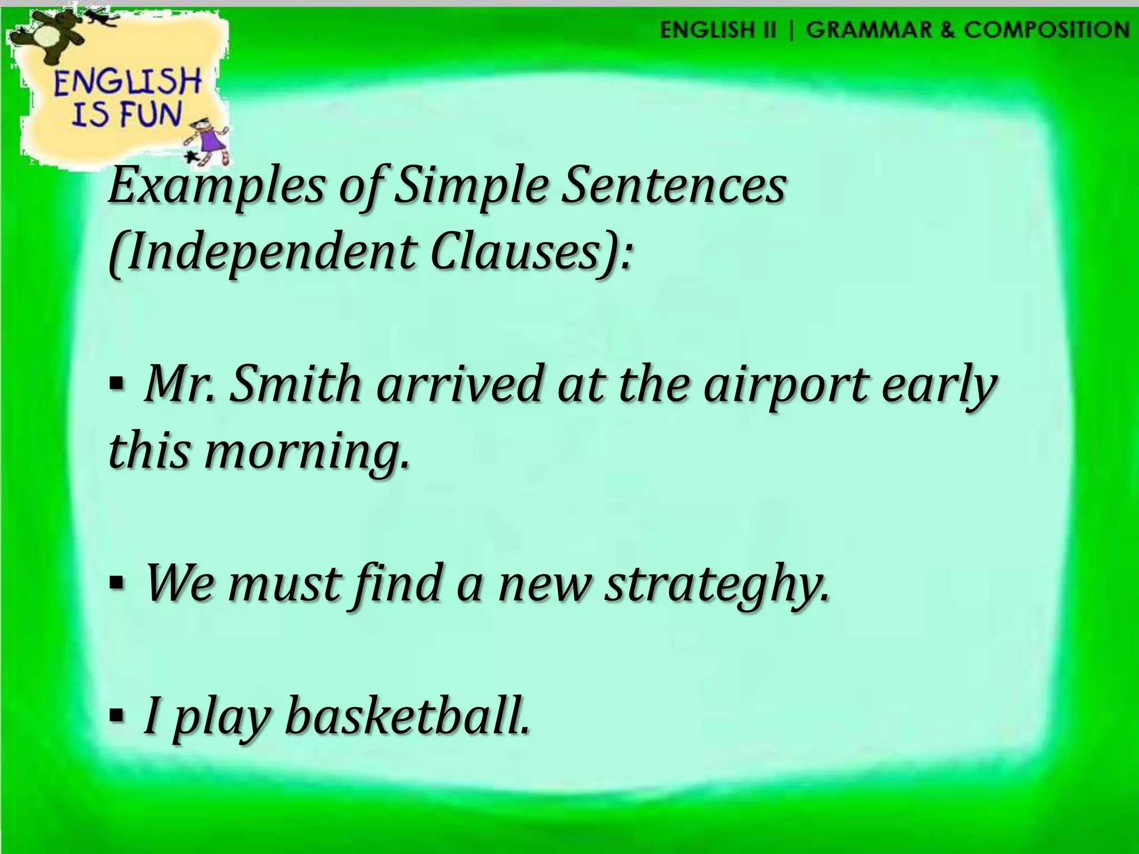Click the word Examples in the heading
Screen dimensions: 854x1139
(215, 188)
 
